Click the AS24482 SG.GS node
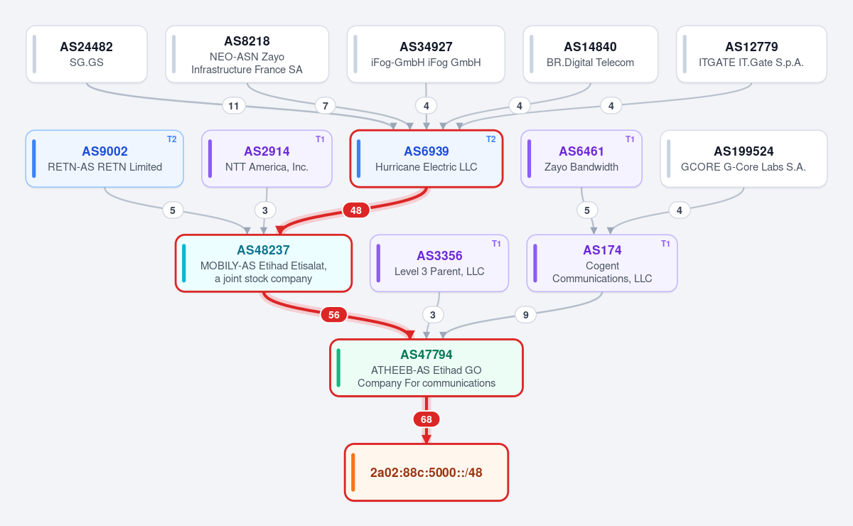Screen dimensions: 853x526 click(87, 54)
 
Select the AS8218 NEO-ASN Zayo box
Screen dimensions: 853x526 click(247, 54)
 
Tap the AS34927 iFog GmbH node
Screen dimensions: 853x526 click(426, 54)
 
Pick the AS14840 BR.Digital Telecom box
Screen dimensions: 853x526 click(591, 54)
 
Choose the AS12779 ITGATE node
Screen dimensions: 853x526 click(752, 54)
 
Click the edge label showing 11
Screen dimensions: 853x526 click(234, 105)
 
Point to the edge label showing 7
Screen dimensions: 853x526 click(326, 105)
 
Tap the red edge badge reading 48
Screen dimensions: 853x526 click(356, 210)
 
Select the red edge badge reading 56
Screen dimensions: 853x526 click(334, 315)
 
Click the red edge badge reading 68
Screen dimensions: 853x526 click(426, 419)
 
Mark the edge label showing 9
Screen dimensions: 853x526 click(525, 315)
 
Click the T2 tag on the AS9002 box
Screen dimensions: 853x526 click(172, 139)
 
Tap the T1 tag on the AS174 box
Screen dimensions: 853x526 click(665, 244)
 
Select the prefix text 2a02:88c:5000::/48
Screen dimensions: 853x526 click(426, 472)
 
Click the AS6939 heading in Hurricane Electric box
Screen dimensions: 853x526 click(426, 151)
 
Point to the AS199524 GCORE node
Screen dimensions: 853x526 click(744, 159)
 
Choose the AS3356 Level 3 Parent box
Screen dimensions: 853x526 click(439, 263)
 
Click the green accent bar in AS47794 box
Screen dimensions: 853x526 click(338, 368)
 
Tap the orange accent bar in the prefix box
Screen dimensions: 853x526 click(353, 472)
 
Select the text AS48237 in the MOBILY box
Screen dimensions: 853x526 click(264, 250)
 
